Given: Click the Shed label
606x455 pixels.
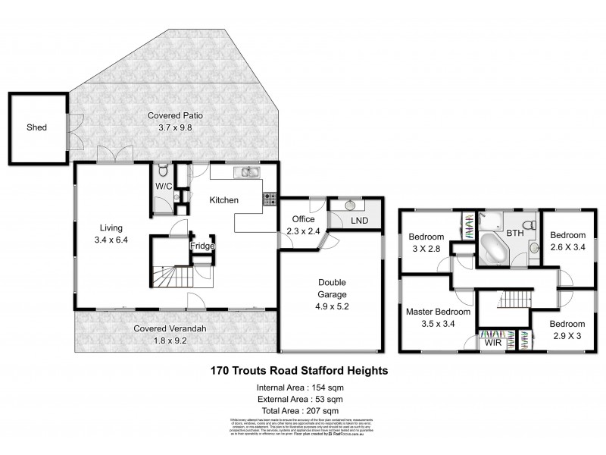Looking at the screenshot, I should [x=36, y=127].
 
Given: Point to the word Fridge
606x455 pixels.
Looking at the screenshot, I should [x=202, y=246].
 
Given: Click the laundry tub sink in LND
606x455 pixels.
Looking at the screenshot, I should [x=351, y=205].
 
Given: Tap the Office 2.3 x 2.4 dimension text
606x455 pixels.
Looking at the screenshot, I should [x=303, y=231].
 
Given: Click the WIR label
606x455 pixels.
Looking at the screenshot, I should [x=493, y=342].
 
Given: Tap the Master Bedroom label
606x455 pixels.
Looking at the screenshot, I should [x=438, y=311].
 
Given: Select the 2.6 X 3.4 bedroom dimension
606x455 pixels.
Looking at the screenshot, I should [x=568, y=246].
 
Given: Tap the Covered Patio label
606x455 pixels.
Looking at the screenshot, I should [x=175, y=116].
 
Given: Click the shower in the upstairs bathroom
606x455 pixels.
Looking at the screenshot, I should [x=493, y=221].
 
